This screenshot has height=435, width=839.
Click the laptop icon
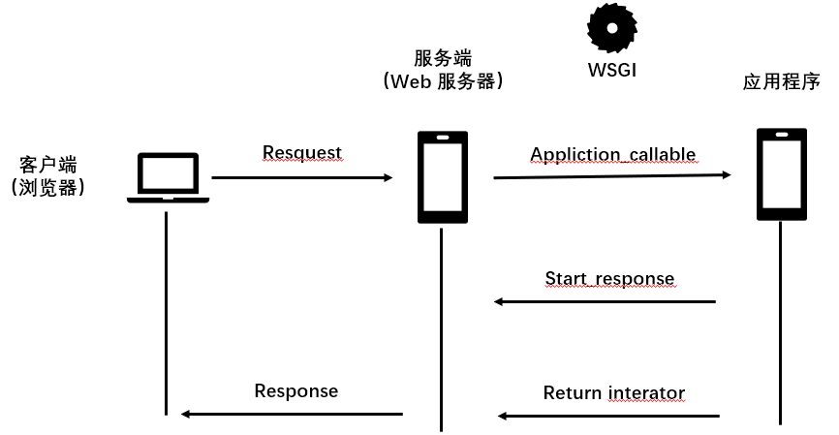pos(168,177)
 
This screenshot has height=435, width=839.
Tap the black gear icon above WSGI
pos(612,28)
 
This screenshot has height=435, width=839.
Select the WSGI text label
pos(612,70)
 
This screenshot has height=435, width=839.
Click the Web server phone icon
pos(443,177)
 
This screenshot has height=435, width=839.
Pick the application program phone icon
pos(782,173)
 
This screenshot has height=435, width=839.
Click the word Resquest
pos(301,152)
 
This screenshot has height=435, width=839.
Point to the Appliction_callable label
pos(613,154)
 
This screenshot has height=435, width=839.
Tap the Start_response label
pos(610,279)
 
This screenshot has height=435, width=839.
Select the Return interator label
pos(613,392)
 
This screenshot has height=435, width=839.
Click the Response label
pos(296,391)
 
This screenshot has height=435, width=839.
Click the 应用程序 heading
pos(781,81)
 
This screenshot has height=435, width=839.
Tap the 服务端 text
pos(443,58)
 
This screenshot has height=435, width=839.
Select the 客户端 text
pos(48,165)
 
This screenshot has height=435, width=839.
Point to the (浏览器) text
pos(48,187)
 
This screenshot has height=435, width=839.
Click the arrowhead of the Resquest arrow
pos(388,177)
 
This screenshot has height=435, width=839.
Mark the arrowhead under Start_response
pos(498,301)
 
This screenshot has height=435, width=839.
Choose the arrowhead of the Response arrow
pos(186,414)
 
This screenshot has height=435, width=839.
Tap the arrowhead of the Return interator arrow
pos(503,416)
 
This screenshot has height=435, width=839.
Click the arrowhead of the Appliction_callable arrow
pos(727,174)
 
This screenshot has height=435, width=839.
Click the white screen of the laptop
pos(168,173)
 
